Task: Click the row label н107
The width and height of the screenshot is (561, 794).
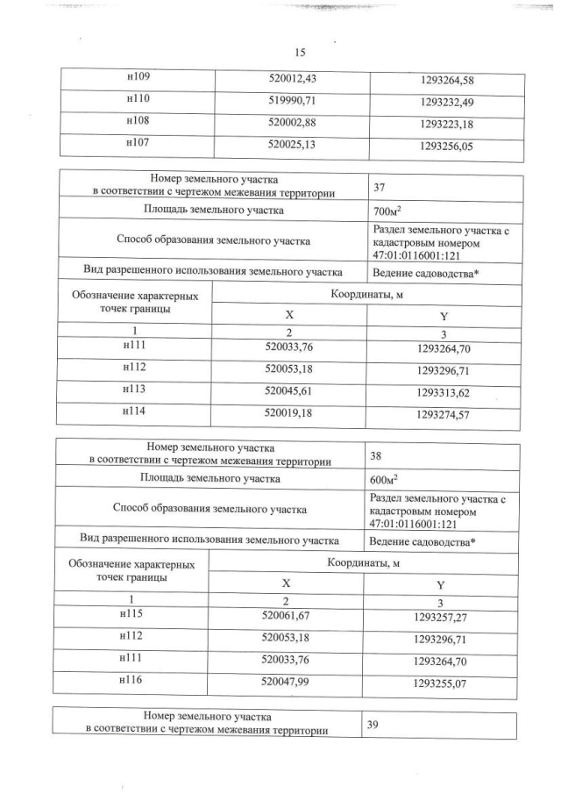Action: pyautogui.click(x=139, y=147)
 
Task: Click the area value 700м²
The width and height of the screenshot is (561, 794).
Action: pyautogui.click(x=387, y=211)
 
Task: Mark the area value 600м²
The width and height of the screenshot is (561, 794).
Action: pyautogui.click(x=387, y=480)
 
